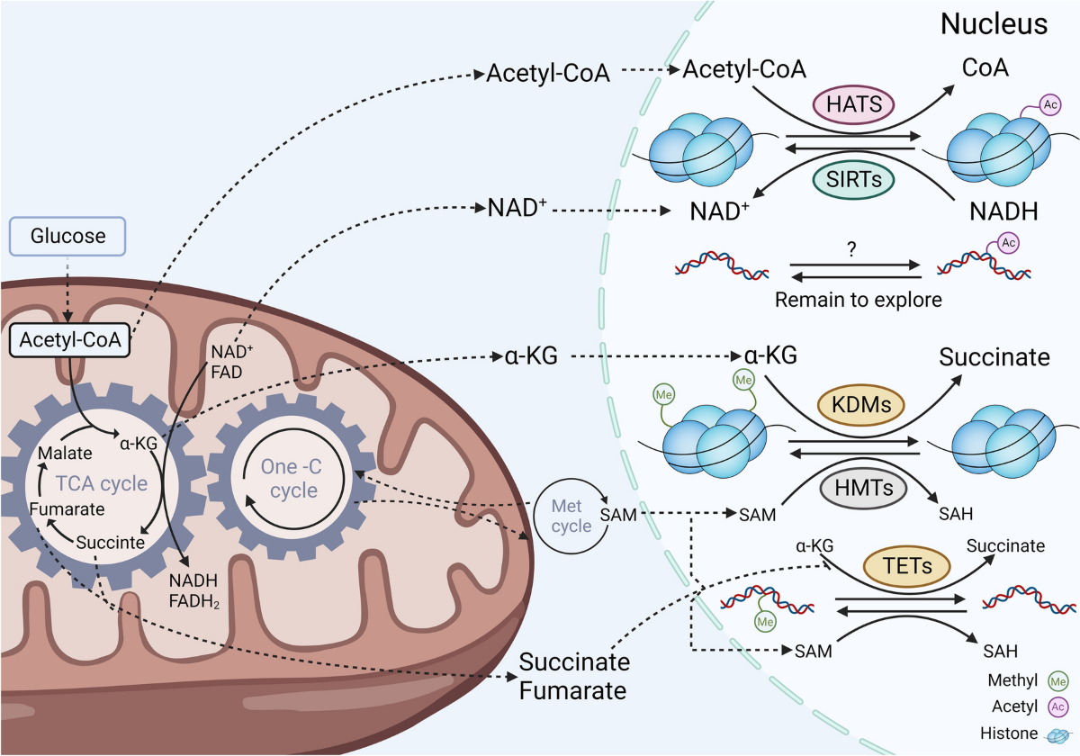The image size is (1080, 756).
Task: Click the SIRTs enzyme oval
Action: click(x=853, y=179)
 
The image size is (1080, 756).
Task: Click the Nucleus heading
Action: click(x=994, y=24)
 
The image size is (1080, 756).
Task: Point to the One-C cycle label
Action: click(x=289, y=478)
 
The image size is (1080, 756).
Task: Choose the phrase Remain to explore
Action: click(x=859, y=300)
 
